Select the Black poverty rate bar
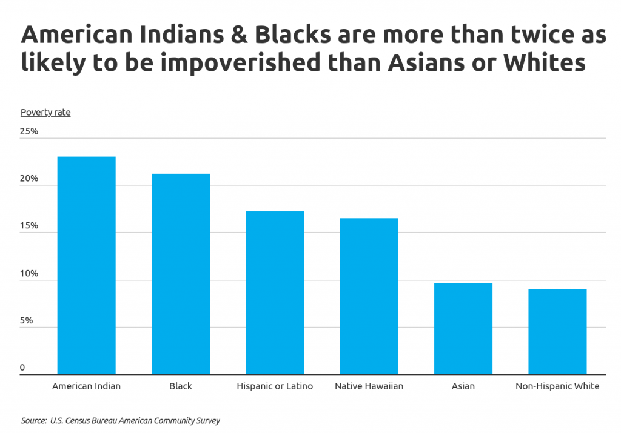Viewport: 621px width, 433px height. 181,274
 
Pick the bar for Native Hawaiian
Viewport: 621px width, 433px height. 369,296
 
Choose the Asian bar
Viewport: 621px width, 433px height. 463,329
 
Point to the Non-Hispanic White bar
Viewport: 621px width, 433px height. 557,332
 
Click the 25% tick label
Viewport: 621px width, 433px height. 30,131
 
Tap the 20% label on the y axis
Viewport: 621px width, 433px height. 30,179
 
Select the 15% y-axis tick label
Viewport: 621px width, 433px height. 30,226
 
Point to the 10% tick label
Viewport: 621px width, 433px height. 30,274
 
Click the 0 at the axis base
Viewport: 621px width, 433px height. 22,368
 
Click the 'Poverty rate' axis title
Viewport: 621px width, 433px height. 45,113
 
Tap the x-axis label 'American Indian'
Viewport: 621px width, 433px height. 86,386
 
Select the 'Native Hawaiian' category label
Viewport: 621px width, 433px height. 369,386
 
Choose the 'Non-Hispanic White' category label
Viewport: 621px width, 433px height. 557,386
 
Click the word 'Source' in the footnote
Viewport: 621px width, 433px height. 34,420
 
